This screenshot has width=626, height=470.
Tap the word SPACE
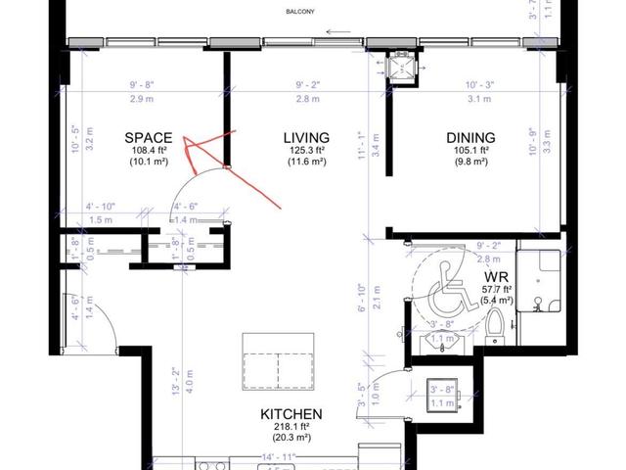point(148,138)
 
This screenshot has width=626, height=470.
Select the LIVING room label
point(305,138)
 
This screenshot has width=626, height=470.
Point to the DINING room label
point(470,138)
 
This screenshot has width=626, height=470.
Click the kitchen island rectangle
point(279,359)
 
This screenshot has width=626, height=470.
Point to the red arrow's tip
point(185,145)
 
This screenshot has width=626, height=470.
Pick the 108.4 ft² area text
point(148,152)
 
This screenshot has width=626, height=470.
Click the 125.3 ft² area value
point(305,152)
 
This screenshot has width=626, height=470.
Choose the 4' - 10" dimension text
point(102,207)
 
